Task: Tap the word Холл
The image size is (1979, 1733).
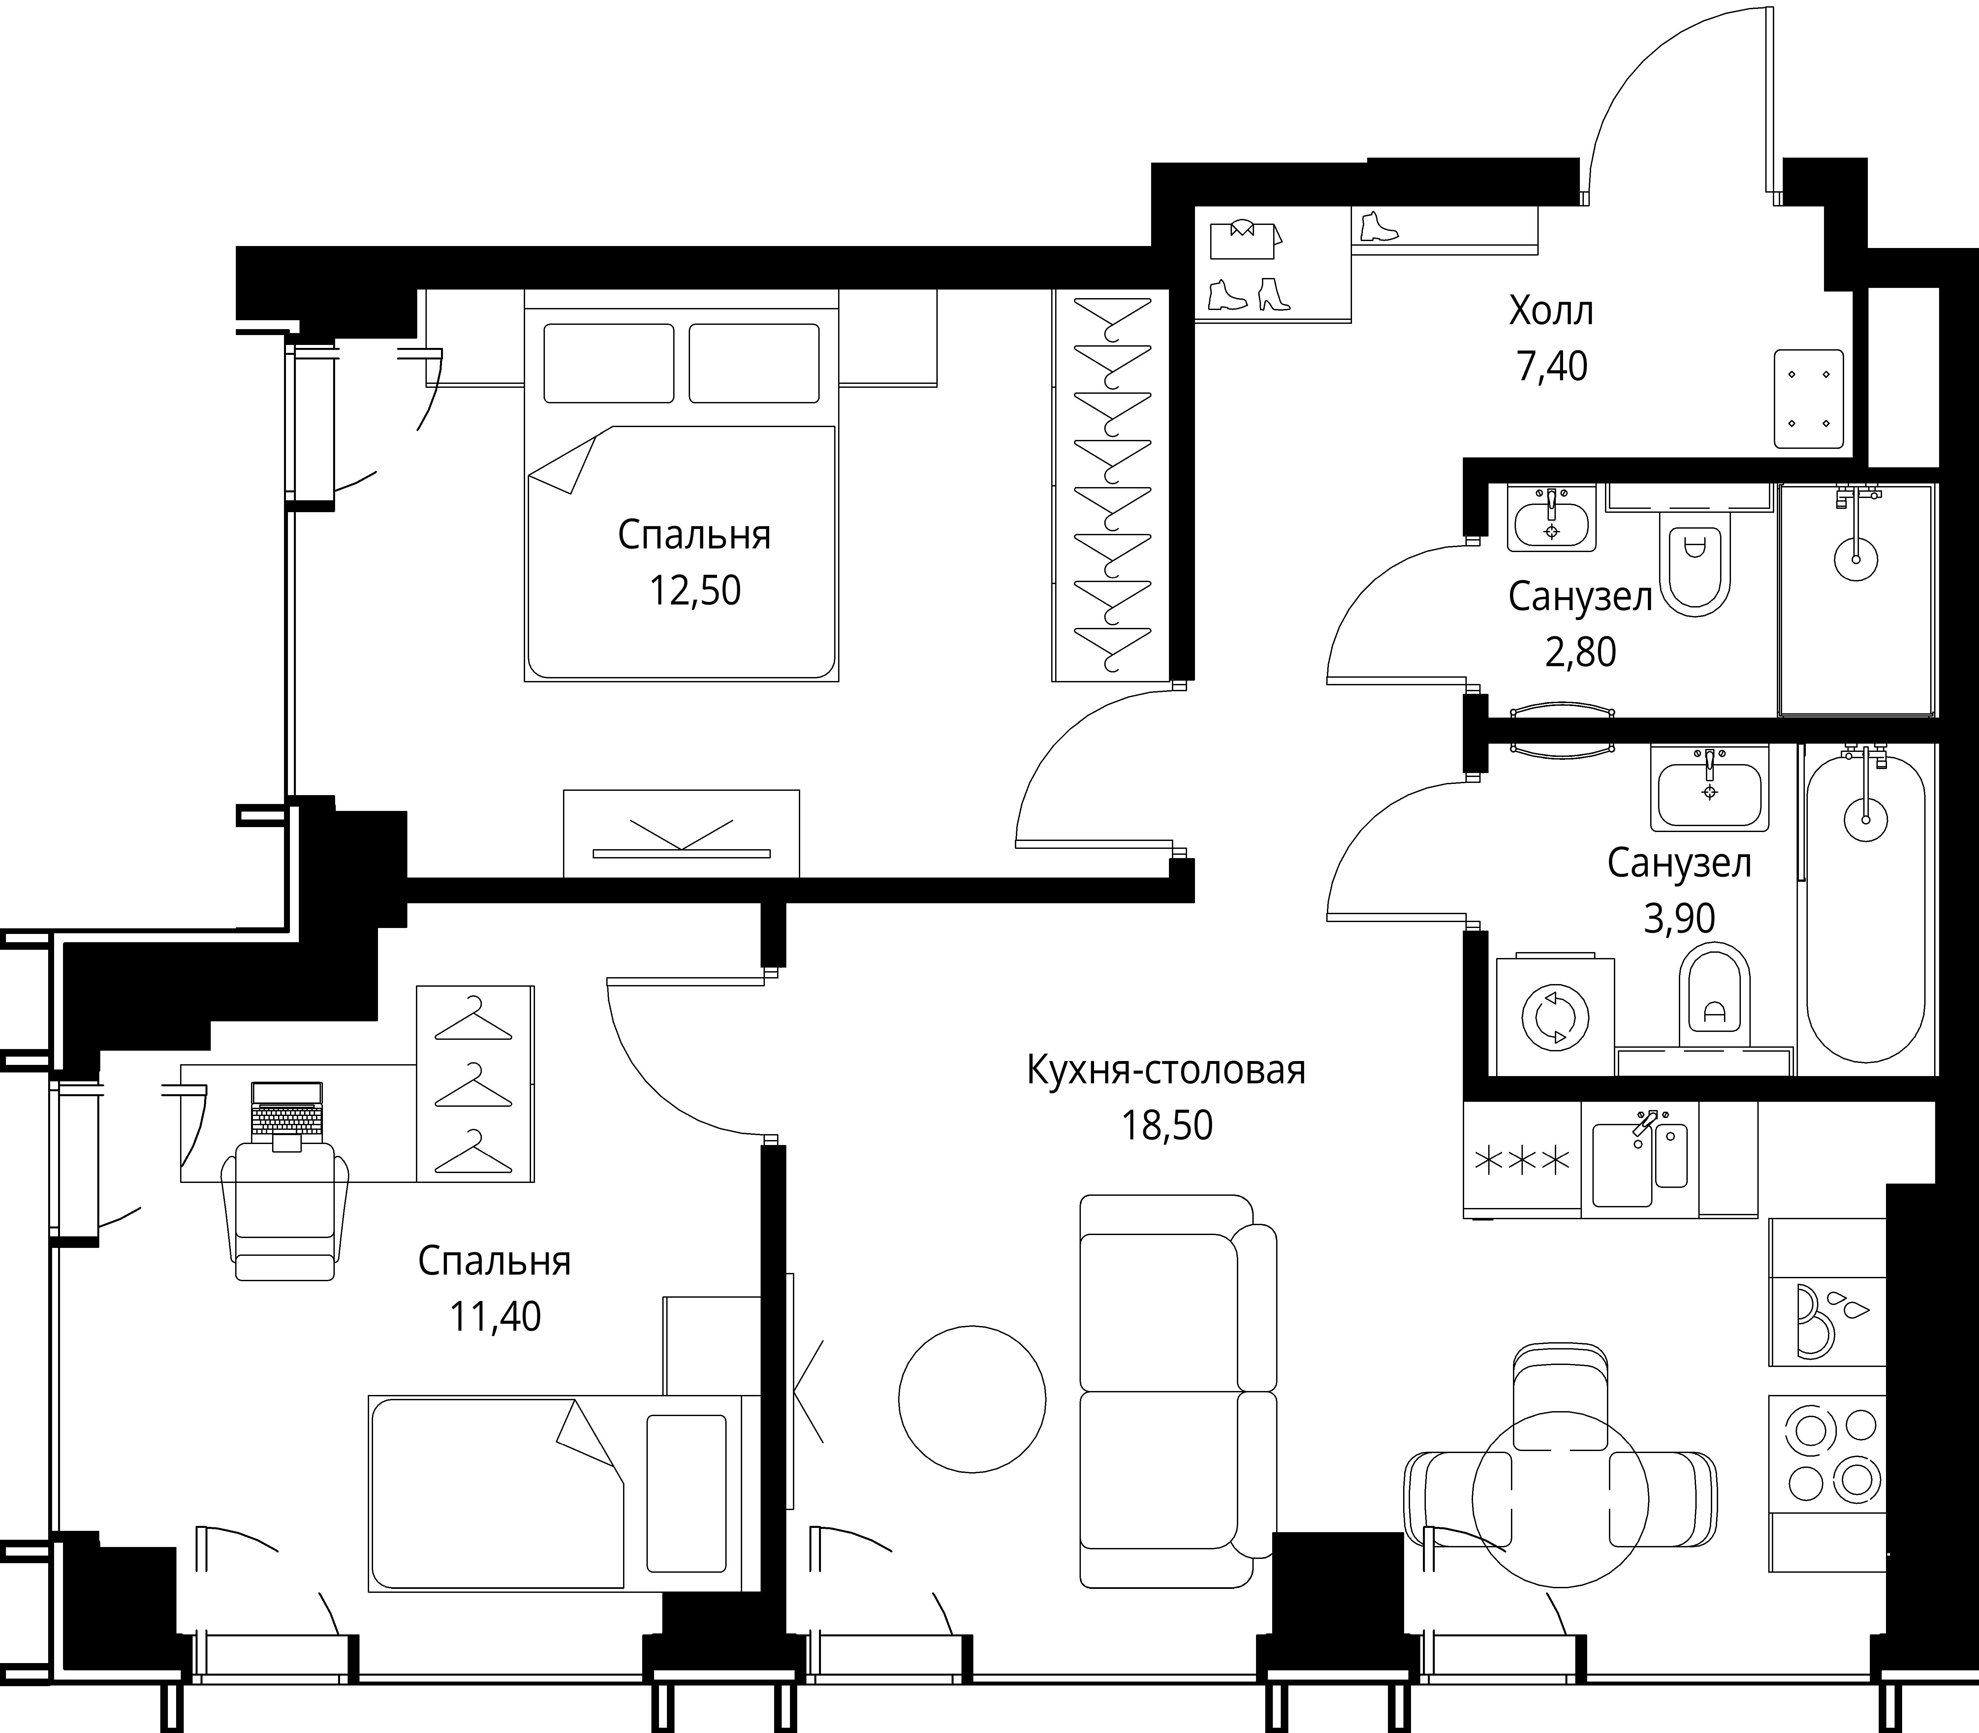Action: pyautogui.click(x=1551, y=311)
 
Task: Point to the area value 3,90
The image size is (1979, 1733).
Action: pyautogui.click(x=1679, y=918)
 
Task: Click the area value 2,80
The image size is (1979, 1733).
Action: pyautogui.click(x=1581, y=653)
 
